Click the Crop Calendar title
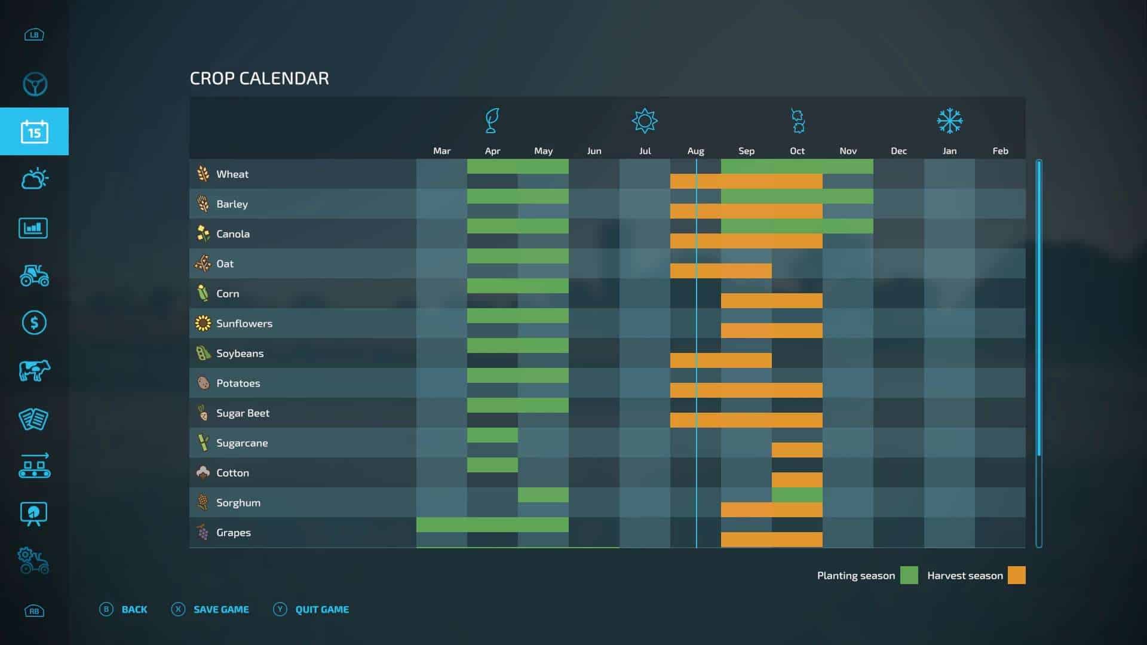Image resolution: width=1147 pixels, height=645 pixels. tap(259, 78)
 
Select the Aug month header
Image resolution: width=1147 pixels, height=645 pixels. tap(695, 151)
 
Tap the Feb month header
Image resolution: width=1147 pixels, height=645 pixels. tap(1000, 151)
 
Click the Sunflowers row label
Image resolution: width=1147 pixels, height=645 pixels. tap(244, 323)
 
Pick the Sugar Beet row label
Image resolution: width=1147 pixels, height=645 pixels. tap(243, 413)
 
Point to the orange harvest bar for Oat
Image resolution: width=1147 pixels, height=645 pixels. tap(720, 271)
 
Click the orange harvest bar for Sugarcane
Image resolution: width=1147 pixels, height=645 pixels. tap(797, 450)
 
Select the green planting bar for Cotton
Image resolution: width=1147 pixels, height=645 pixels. tap(492, 465)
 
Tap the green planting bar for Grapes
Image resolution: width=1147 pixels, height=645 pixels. tap(492, 524)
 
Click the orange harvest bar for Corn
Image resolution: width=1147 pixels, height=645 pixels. tap(771, 300)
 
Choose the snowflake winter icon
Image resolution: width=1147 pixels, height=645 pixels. tap(949, 121)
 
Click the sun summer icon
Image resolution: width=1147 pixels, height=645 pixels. tap(645, 121)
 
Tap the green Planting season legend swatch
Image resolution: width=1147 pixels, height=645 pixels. tap(909, 575)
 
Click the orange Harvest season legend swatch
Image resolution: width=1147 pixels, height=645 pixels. tap(1016, 575)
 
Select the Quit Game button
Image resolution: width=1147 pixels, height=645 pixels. tap(321, 609)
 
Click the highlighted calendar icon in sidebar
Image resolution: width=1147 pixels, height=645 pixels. tap(34, 131)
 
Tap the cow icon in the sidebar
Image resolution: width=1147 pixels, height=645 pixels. tap(34, 370)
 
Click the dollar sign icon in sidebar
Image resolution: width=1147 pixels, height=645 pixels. tap(34, 323)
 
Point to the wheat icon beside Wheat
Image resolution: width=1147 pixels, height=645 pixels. tap(203, 174)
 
